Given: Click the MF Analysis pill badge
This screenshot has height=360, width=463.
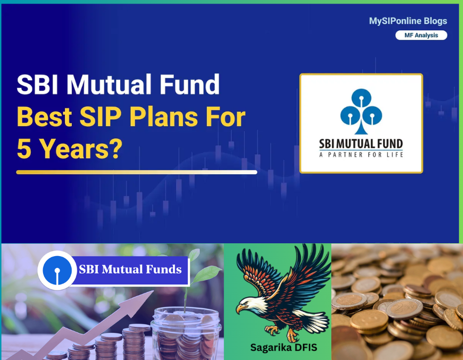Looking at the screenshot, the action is pos(421,35).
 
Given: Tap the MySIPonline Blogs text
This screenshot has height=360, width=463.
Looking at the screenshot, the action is pos(408,21).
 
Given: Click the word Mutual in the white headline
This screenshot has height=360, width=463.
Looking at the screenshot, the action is pos(109,85).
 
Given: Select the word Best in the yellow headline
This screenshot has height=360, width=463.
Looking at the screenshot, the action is pos(44,117).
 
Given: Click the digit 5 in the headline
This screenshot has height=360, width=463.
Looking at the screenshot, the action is pos(24,149).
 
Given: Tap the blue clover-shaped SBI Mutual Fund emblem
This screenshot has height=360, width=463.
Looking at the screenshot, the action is pos(361,111).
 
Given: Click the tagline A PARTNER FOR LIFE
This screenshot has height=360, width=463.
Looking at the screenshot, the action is pos(361,155).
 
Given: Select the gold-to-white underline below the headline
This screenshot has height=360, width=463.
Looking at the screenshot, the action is pos(137,172).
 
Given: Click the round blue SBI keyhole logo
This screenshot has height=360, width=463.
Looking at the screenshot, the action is pos(57,271).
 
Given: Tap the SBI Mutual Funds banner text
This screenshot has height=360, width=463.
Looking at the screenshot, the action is pos(130,269).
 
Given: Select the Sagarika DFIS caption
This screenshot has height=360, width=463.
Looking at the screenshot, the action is pos(283,348).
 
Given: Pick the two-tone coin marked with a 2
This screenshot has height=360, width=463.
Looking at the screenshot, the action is pos(404,309).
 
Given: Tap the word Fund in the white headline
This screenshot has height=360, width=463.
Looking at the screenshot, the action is pos(189,85).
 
